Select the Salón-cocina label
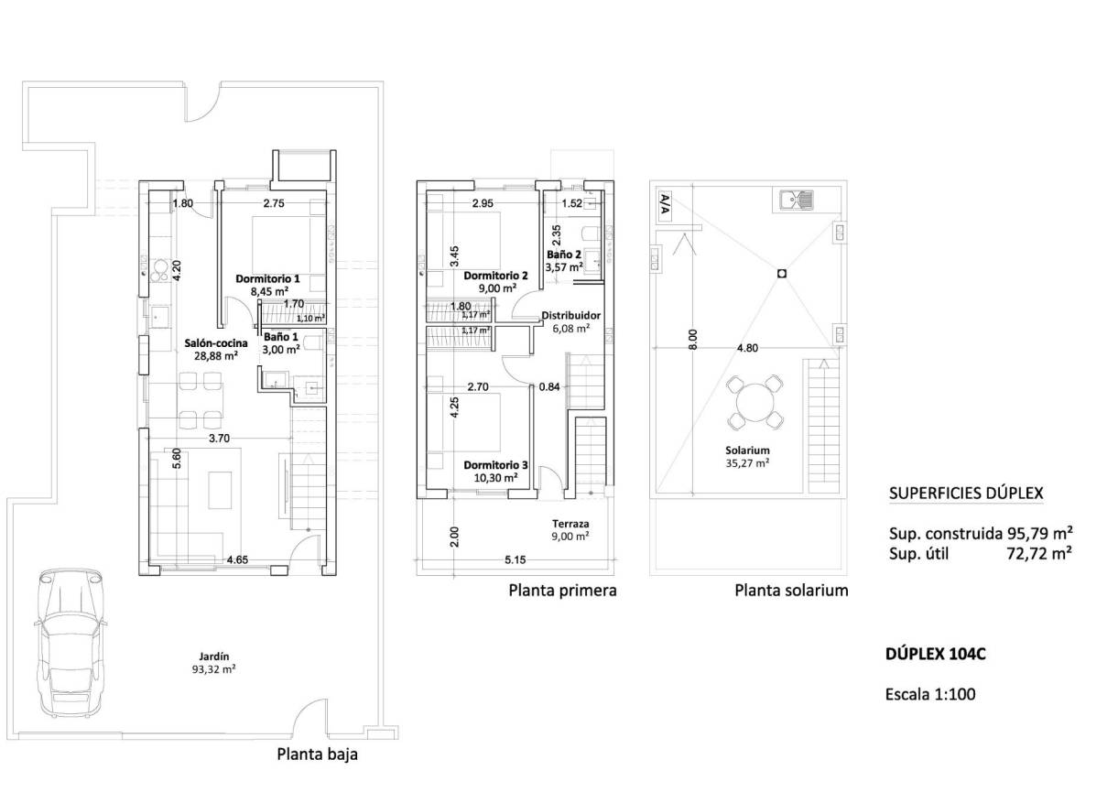tap(215, 342)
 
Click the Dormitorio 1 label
tap(267, 278)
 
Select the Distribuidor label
tap(570, 315)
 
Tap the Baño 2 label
tap(564, 254)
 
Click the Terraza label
tap(570, 524)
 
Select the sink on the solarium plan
tap(795, 199)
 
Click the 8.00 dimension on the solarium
tap(693, 339)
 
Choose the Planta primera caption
tap(562, 591)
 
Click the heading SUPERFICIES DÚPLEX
tap(966, 494)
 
